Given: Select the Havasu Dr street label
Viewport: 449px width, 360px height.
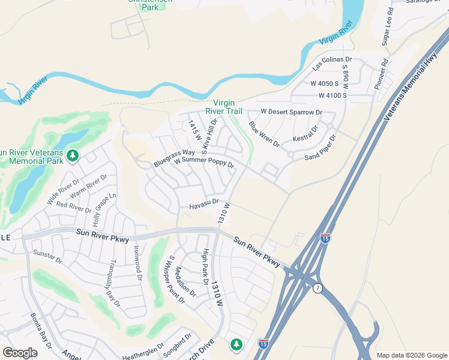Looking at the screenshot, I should (204, 206).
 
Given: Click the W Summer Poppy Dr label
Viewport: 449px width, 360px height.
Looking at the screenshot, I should (203, 163).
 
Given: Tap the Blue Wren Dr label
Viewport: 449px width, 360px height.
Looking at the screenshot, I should (264, 135).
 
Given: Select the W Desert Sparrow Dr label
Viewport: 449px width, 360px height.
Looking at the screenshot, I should (291, 112).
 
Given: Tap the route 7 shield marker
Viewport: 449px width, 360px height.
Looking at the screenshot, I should (318, 289).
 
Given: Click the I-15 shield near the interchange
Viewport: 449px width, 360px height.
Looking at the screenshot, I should (325, 238).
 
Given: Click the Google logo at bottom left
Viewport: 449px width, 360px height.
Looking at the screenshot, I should (20, 353).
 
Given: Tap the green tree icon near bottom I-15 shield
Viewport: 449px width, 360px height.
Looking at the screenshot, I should (237, 344).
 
